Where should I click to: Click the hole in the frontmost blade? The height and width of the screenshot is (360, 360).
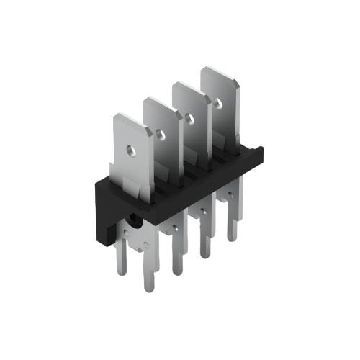point(131,150)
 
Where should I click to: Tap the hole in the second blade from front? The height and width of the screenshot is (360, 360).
point(160,133)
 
